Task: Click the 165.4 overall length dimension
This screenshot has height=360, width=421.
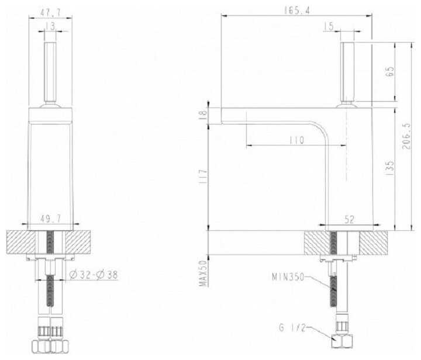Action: point(296,11)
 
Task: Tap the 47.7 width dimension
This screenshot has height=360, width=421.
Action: point(50,12)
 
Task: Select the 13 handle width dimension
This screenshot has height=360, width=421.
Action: point(50,26)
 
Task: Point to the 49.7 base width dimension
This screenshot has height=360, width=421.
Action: point(50,219)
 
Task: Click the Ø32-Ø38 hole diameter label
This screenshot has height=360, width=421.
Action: point(94,275)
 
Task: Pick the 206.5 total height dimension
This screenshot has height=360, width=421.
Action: point(406,136)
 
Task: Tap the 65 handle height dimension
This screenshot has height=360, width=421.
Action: point(390,72)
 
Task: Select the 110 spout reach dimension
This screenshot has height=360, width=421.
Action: point(296,140)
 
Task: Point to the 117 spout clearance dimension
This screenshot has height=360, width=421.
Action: point(203,176)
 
